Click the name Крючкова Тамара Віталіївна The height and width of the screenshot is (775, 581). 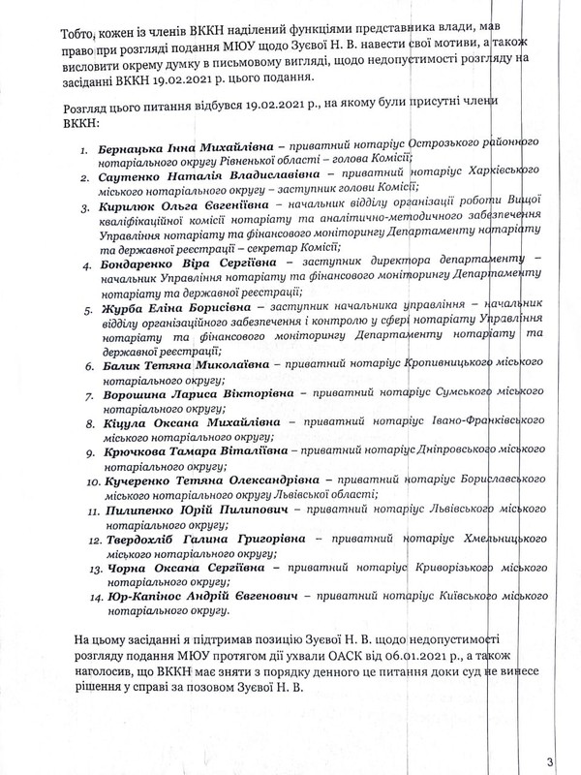click(x=182, y=451)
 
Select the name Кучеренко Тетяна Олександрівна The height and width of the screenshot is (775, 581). click(x=195, y=479)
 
